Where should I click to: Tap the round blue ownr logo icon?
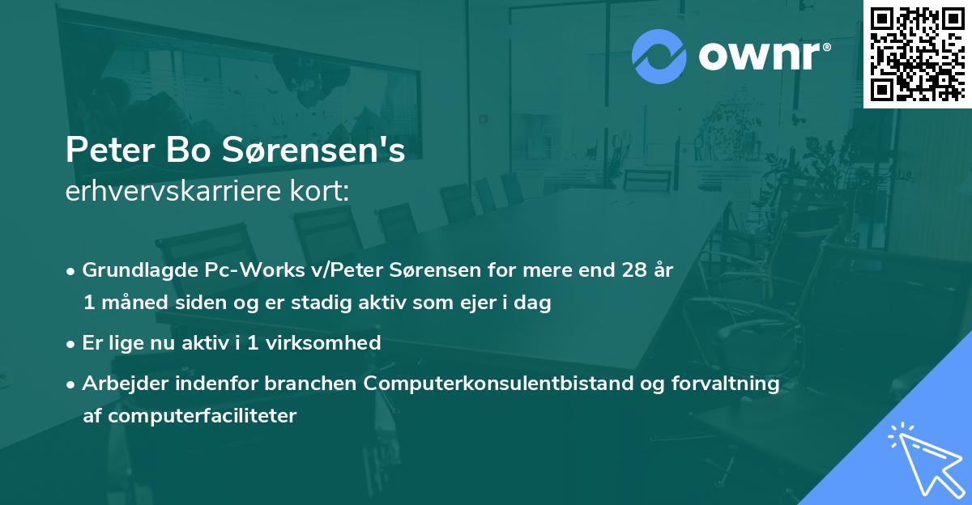tap(659, 56)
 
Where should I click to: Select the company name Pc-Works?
tap(228, 270)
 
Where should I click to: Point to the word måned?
tap(127, 303)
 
